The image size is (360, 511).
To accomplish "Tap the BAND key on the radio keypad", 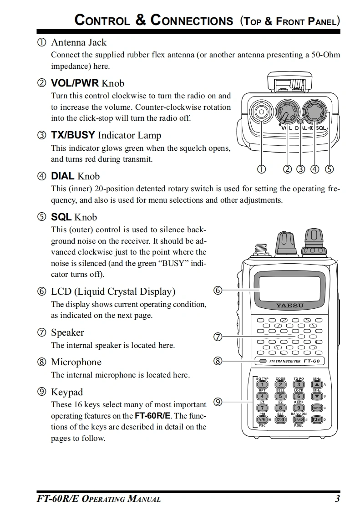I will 299,419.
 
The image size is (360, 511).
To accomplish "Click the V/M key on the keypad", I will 263,419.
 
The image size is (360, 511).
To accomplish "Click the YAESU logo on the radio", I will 289,305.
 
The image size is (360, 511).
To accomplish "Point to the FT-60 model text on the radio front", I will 312,361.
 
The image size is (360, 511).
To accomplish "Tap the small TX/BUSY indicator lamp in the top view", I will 300,122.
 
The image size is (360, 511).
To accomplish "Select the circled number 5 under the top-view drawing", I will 329,169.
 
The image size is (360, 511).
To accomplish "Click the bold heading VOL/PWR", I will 75,83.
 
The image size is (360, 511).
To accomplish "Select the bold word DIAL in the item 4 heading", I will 62,176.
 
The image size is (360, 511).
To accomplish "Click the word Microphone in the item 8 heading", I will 76,362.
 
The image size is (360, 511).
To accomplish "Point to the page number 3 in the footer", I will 337,499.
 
